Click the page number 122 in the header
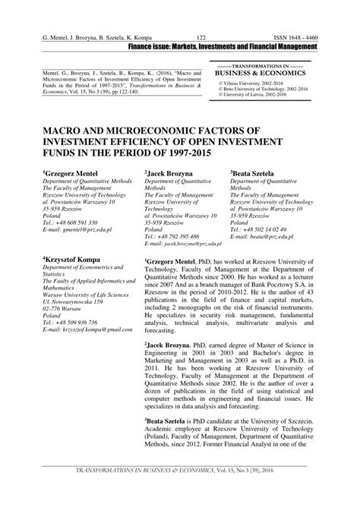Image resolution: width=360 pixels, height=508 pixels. tap(202, 37)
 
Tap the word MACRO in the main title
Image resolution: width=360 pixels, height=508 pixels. tap(70, 131)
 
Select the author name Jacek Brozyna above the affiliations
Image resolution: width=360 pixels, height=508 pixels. tap(173, 173)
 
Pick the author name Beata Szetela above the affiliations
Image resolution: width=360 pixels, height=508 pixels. tap(259, 173)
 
